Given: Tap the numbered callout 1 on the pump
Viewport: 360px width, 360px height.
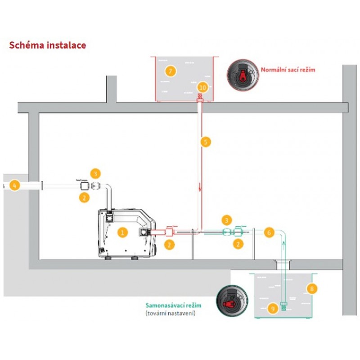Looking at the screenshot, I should [121, 232].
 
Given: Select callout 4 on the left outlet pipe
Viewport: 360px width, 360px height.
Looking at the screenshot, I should [15, 185].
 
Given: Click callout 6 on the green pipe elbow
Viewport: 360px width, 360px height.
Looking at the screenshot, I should [268, 233].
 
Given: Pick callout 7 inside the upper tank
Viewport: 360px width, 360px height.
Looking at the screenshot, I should [170, 71].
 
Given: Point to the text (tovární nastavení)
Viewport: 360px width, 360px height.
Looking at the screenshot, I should [170, 313].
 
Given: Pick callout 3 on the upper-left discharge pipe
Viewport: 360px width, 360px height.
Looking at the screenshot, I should [95, 173].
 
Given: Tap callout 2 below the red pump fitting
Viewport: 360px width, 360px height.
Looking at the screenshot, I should [169, 245].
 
